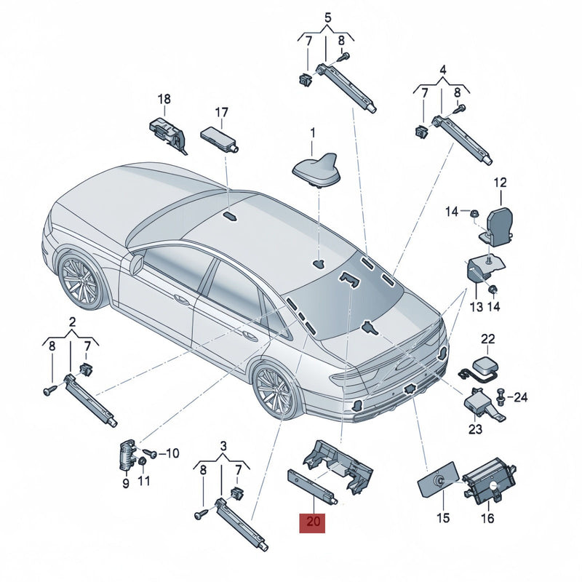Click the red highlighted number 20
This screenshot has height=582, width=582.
[312, 522]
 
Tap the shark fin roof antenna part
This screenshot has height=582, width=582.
[317, 170]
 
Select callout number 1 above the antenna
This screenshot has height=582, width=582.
[313, 132]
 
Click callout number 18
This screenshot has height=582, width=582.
[164, 99]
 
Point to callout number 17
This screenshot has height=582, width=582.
[222, 113]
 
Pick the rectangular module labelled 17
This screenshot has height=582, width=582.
[220, 138]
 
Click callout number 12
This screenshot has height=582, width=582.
[500, 183]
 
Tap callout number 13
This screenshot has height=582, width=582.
[477, 306]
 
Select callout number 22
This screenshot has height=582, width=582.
[488, 338]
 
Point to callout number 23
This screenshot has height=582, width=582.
[475, 429]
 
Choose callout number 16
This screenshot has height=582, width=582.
[487, 518]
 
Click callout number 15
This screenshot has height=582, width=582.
[443, 517]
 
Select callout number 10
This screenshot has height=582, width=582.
[172, 453]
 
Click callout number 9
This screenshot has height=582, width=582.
[126, 483]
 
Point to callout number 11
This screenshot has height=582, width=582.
[143, 481]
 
